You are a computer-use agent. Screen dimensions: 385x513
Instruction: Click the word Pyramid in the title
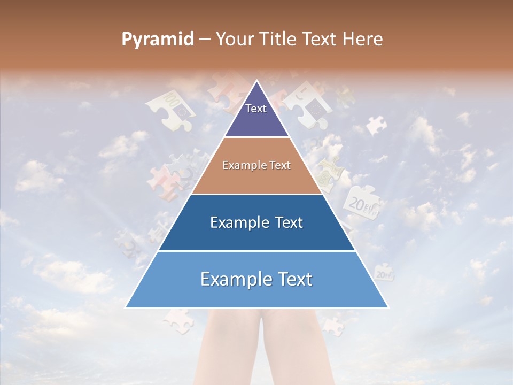pyautogui.click(x=157, y=40)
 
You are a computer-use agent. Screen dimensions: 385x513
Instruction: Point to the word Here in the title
pyautogui.click(x=363, y=40)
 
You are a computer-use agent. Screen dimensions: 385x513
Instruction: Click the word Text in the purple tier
pyautogui.click(x=256, y=109)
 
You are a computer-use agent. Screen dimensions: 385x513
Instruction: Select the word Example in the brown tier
pyautogui.click(x=242, y=166)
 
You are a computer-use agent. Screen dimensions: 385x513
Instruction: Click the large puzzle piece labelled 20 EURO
pyautogui.click(x=362, y=202)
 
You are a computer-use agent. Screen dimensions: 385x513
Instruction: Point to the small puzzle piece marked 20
pyautogui.click(x=384, y=274)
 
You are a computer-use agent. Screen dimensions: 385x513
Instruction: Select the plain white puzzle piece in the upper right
pyautogui.click(x=376, y=125)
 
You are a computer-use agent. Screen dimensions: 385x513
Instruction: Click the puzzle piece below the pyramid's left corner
pyautogui.click(x=177, y=320)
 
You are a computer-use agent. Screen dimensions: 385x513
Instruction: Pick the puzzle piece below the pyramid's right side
pyautogui.click(x=332, y=325)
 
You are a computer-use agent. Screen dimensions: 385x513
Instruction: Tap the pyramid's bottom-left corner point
pyautogui.click(x=126, y=307)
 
